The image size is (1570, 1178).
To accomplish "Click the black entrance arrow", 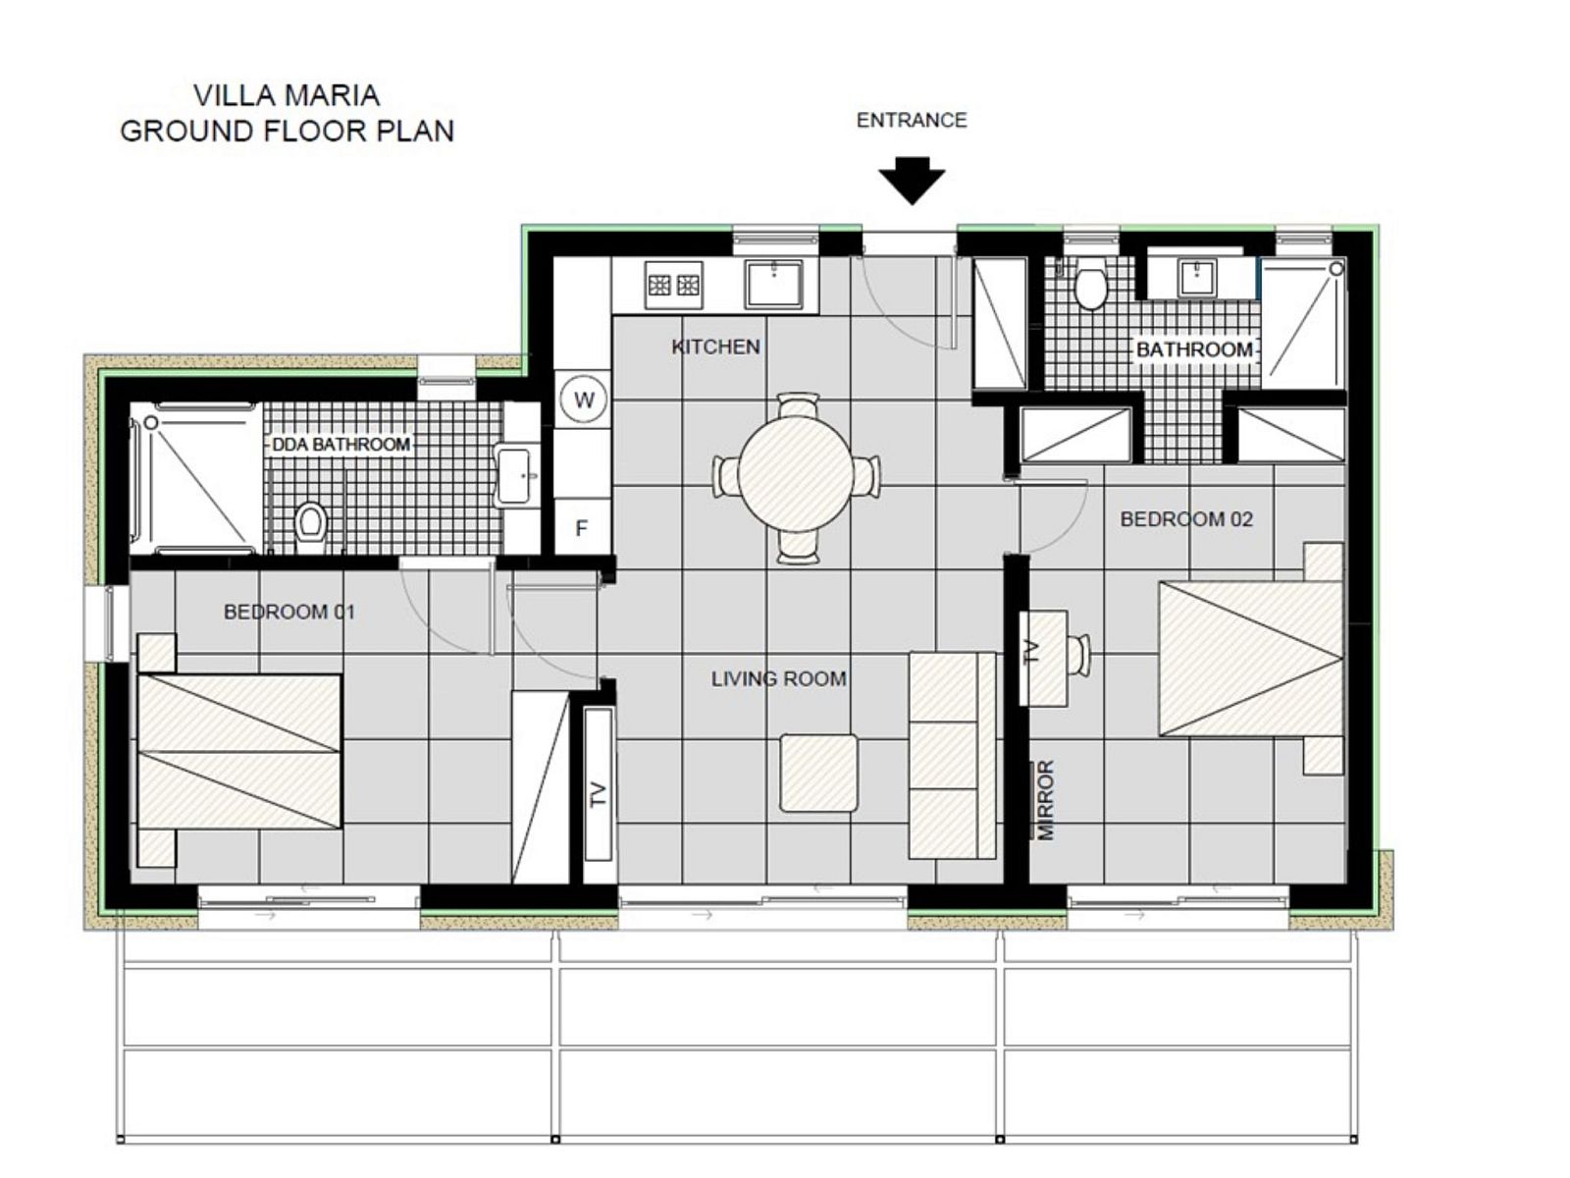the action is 912,181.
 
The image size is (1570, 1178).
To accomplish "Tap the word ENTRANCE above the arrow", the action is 912,120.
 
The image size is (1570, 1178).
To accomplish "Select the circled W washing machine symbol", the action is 583,400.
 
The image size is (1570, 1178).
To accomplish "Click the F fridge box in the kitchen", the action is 582,527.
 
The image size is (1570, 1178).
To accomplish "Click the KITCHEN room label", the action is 715,347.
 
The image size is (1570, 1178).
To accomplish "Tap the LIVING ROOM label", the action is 778,678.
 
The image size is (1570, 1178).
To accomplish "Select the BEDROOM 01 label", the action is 288,612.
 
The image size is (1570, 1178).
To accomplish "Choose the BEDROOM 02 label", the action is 1186,519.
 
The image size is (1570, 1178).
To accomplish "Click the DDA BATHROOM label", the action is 341,444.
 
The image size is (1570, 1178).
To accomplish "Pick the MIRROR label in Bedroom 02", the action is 1045,800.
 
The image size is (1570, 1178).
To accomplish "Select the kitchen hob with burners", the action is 673,286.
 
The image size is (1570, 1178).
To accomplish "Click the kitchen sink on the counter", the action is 773,284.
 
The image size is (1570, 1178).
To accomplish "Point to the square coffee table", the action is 818,773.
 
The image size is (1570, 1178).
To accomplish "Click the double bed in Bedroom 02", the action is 1250,659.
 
